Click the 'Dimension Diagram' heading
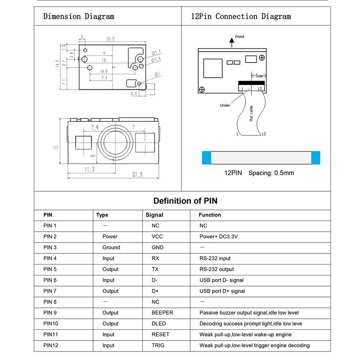coord(78,17)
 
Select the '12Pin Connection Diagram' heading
coord(241,17)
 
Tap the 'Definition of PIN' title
coord(185,201)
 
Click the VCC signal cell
coord(157,236)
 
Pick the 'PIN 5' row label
coord(50,269)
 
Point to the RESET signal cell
coord(160,334)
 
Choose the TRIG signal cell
coord(158,346)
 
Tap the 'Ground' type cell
coord(111,247)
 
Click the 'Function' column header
coord(210,215)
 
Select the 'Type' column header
coord(102,215)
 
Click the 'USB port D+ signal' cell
coord(222,291)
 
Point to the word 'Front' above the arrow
coord(240,37)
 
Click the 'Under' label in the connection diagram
coord(225,105)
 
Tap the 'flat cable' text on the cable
coord(251,113)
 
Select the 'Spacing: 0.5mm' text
coord(271,173)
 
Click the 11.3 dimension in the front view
coord(90,169)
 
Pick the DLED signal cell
coord(158,324)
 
